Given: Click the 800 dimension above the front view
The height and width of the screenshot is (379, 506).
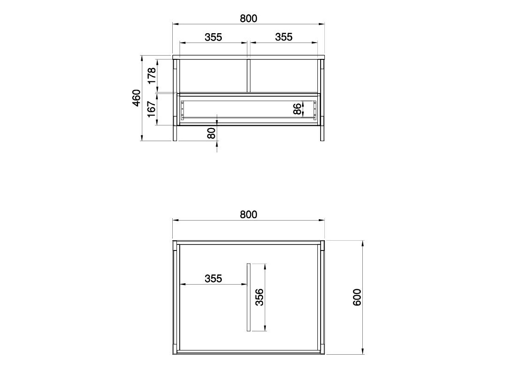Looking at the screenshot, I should (249, 18).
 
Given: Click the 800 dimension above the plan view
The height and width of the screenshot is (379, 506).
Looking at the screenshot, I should (249, 214).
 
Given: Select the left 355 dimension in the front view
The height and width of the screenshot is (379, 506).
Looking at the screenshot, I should (213, 37).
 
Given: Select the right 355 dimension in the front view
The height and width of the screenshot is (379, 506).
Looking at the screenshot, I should (284, 37).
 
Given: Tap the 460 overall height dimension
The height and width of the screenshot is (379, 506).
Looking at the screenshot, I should (136, 98).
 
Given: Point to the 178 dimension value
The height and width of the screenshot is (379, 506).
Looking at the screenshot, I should (151, 75).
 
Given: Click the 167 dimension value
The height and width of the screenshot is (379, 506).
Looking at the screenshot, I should (151, 109).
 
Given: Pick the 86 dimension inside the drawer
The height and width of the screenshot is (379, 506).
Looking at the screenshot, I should (297, 109).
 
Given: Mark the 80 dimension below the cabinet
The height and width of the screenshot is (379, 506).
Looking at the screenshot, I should (211, 133).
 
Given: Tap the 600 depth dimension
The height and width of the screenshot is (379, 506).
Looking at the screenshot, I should (357, 297).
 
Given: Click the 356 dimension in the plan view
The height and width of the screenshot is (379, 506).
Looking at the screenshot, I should (259, 297).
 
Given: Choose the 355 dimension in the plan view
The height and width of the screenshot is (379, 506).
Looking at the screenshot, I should (213, 279).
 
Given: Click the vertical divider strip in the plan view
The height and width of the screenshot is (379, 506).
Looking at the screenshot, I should (249, 297).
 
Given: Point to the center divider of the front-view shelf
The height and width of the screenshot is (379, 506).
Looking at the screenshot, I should (249, 75).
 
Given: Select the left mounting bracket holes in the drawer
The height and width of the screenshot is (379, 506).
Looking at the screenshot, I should (183, 109).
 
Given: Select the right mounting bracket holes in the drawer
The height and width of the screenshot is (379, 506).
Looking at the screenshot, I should (315, 109).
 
